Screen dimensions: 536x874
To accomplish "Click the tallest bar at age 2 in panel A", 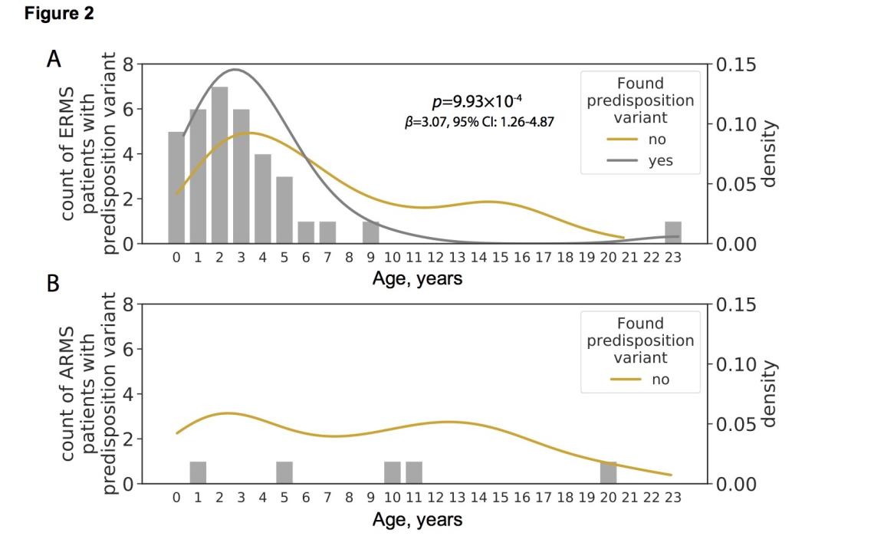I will click(x=219, y=166).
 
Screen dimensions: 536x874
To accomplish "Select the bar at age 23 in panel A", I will click(x=673, y=232).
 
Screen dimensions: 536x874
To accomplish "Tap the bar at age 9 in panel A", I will click(x=371, y=232).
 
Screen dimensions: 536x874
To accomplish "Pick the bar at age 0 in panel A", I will click(x=176, y=188).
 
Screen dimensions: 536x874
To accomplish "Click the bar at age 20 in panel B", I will click(x=608, y=472).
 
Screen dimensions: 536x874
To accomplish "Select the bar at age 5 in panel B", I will click(x=284, y=472).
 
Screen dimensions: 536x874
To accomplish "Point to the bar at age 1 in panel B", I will click(x=198, y=472).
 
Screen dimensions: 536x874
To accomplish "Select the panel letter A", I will click(x=54, y=60).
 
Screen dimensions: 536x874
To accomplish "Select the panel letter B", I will click(x=53, y=283).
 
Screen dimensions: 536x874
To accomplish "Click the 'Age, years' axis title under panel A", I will click(x=417, y=278).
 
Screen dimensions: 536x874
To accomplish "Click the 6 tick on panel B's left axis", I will click(x=127, y=350).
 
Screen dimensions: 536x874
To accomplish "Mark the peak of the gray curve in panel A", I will click(x=235, y=69).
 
